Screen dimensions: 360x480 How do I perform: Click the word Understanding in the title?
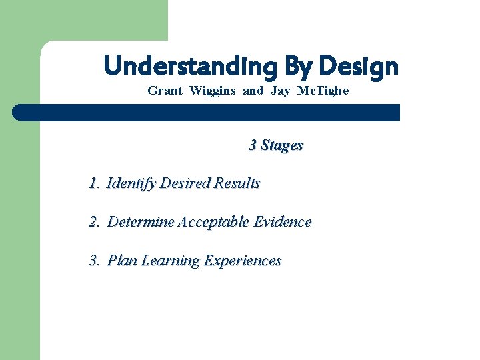tap(190, 67)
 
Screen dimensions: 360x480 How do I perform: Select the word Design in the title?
tap(359, 67)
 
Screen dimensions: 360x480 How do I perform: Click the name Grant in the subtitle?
tap(165, 91)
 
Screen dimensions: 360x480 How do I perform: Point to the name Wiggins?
tap(213, 91)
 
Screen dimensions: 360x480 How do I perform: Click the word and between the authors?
tap(253, 91)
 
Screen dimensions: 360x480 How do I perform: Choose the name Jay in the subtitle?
tap(281, 91)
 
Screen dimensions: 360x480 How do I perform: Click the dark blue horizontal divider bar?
tap(207, 112)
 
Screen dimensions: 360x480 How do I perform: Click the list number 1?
tap(93, 183)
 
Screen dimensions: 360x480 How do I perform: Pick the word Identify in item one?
tap(131, 183)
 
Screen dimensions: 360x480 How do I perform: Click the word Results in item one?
tap(237, 183)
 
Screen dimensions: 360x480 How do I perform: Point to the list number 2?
tap(93, 221)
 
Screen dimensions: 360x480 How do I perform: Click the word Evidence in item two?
tap(283, 221)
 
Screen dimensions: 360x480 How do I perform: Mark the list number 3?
tap(93, 260)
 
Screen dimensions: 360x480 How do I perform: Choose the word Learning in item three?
tap(169, 261)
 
